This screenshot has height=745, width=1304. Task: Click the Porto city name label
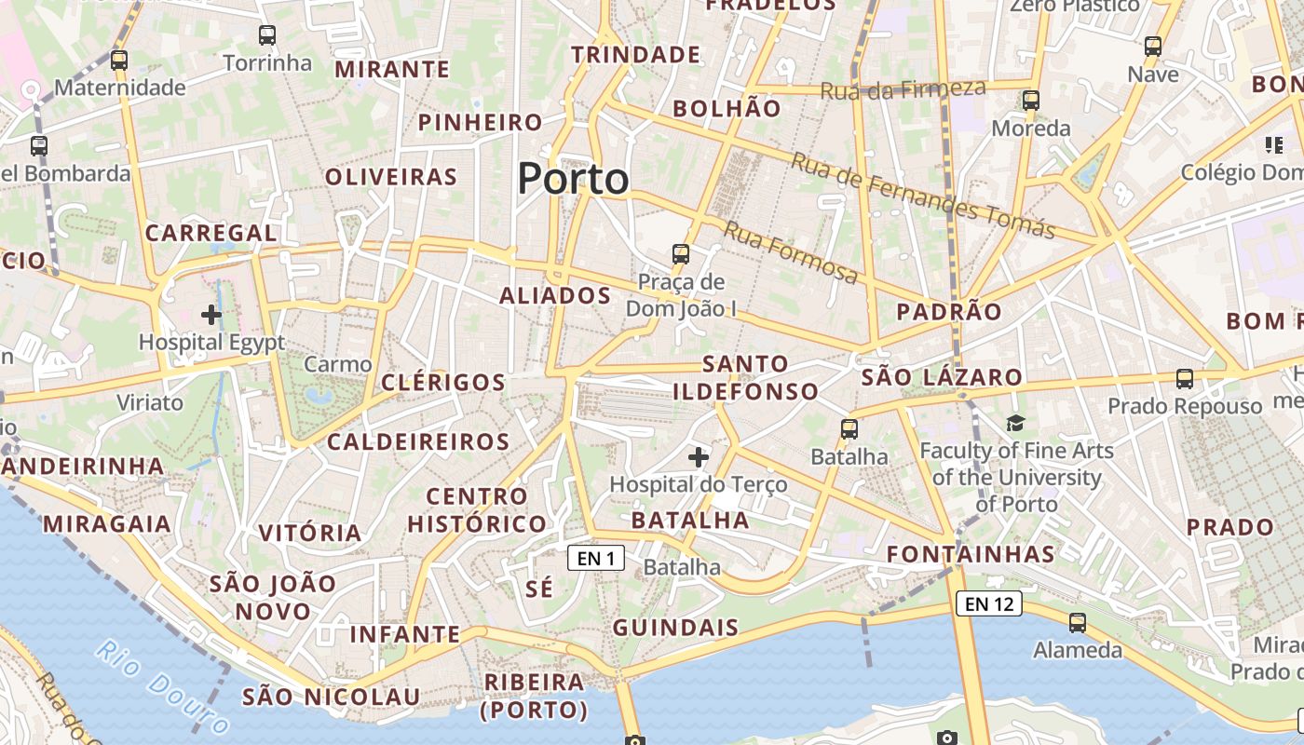[573, 178]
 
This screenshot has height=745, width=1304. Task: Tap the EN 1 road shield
[596, 559]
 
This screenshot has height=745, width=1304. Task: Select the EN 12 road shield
[988, 603]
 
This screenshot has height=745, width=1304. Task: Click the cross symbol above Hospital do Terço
[699, 456]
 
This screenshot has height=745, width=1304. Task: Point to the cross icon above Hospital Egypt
[211, 315]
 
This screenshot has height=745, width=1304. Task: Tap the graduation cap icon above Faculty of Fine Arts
[1015, 424]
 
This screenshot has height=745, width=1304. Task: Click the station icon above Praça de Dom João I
[681, 253]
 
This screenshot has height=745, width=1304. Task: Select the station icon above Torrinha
[267, 35]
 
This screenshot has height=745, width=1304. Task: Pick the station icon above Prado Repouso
[1185, 379]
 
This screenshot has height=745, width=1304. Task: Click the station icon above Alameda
[1078, 623]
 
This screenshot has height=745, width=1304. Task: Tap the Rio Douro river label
[162, 687]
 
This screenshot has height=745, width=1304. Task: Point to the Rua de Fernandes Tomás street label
[923, 196]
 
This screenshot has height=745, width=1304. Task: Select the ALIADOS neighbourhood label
[555, 296]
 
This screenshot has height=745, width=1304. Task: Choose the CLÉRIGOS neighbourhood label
[443, 382]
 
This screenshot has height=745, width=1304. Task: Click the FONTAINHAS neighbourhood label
[971, 555]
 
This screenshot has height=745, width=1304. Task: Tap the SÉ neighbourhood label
[539, 589]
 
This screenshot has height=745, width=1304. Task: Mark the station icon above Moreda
[1030, 101]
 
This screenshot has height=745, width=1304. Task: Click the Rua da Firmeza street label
[903, 89]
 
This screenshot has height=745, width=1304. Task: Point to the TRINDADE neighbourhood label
[635, 55]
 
